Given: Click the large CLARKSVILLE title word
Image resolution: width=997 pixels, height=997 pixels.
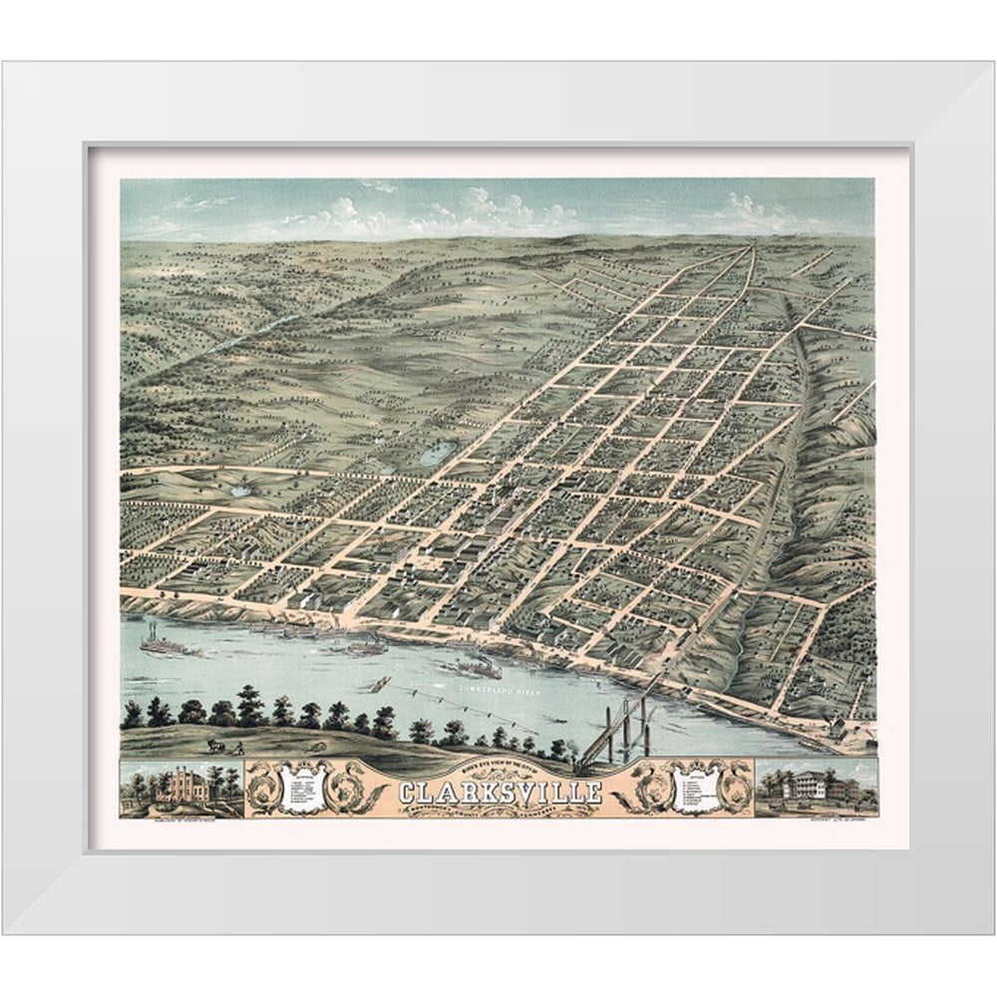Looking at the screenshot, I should [x=500, y=793].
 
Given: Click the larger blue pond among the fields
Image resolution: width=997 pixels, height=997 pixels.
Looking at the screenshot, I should [x=438, y=457].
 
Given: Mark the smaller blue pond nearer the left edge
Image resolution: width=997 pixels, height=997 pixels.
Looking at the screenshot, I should [x=240, y=491].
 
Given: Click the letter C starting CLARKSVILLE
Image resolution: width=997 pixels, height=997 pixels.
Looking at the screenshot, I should [x=407, y=794].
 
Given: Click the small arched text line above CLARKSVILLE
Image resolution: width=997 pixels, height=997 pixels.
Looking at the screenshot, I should [x=500, y=773].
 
